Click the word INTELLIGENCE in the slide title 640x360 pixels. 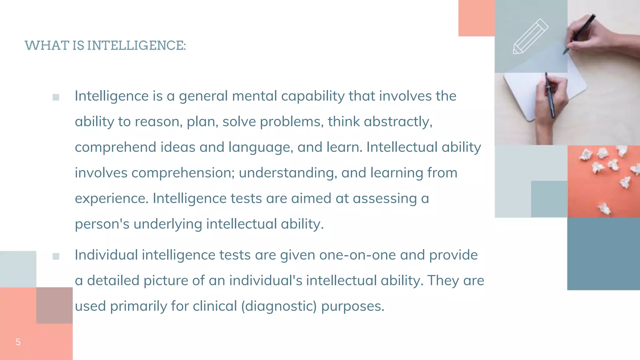[136, 46]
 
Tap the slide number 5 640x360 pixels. [18, 342]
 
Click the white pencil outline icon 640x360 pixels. [530, 37]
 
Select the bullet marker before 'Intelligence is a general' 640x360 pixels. [56, 97]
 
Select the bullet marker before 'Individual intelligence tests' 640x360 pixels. [56, 257]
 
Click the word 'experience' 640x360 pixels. [111, 198]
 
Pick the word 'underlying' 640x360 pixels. [167, 224]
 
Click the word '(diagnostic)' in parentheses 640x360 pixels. [279, 306]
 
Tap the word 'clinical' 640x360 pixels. [215, 306]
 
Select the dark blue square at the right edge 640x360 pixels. [603, 254]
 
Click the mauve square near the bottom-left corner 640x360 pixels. [54, 305]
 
